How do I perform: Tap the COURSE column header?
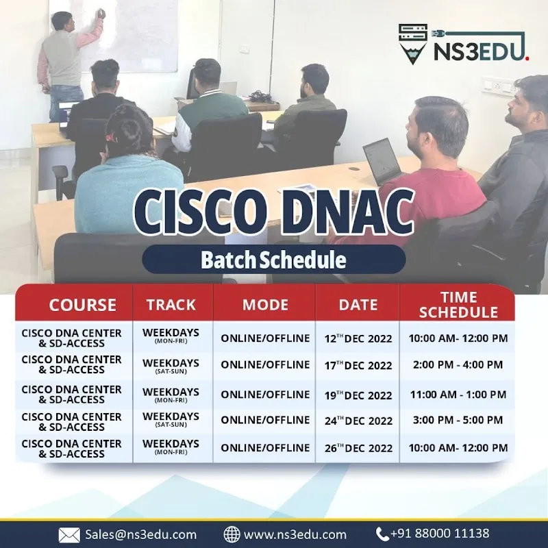82,305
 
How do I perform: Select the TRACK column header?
171,305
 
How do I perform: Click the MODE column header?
265,305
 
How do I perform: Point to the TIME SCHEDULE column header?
458,305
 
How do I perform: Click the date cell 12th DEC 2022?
358,338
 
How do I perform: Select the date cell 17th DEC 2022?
358,365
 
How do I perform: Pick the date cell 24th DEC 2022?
358,421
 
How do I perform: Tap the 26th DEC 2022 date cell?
358,448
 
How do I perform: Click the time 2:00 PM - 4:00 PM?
458,365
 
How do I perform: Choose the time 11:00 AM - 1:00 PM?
458,395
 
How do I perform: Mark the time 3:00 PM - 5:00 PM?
458,420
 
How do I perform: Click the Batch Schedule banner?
273,260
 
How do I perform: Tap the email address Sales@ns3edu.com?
140,534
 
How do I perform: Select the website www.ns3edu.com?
295,534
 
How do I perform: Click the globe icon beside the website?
232,534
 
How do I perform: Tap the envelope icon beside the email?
69,534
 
